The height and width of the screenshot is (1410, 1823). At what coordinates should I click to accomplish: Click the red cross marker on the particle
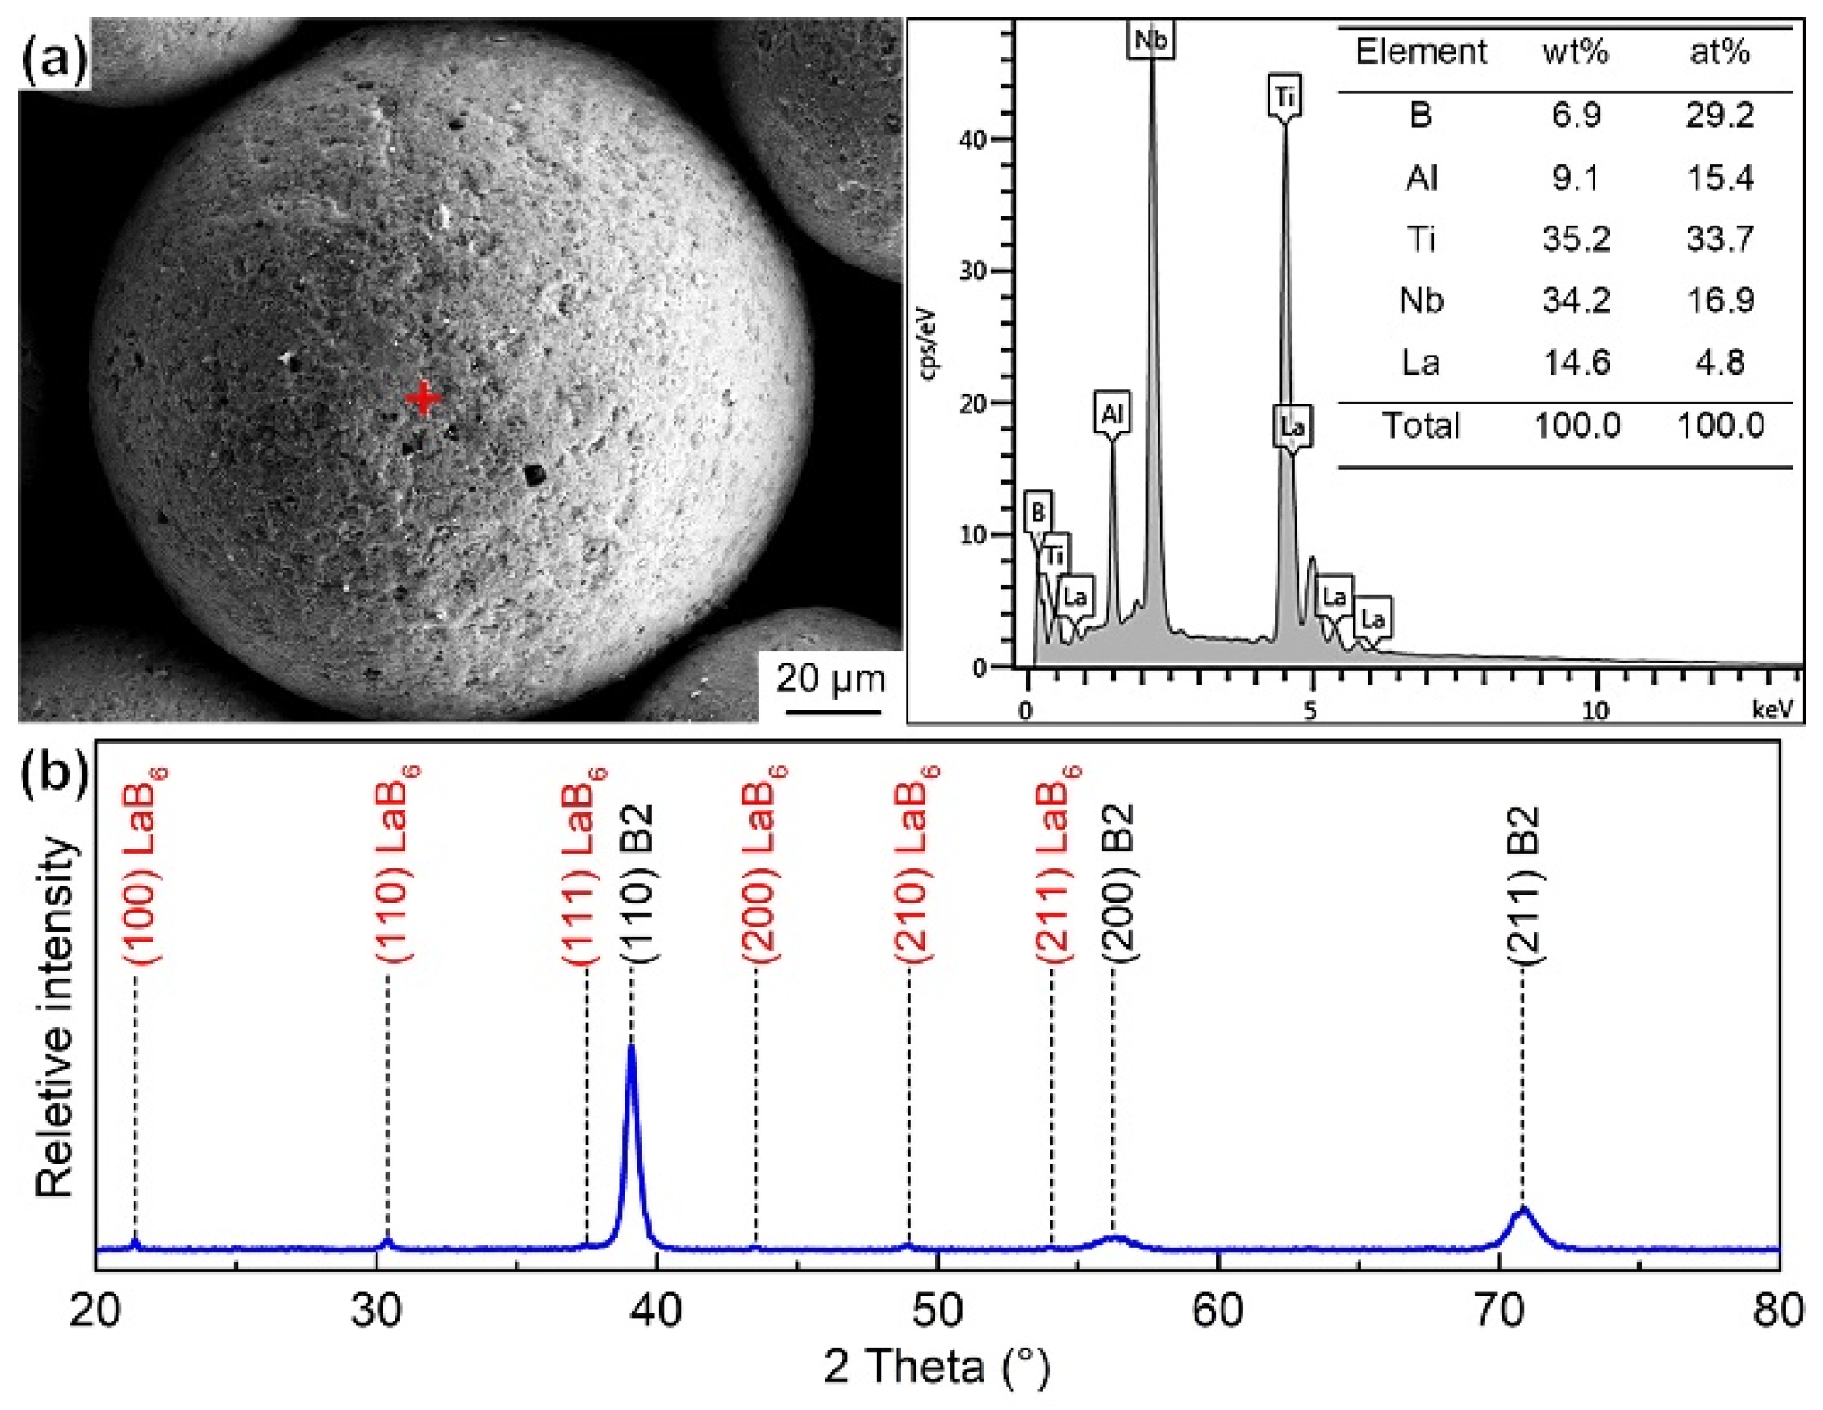[x=423, y=398]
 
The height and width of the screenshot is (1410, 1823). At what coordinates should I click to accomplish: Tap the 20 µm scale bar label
[x=830, y=678]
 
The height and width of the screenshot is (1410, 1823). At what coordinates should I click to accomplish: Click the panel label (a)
[x=53, y=60]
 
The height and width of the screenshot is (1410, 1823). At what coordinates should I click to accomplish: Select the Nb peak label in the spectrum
[x=1150, y=40]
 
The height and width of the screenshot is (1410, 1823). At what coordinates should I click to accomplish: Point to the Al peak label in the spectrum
[x=1111, y=414]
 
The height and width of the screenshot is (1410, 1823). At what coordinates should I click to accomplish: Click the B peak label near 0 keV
[x=1037, y=513]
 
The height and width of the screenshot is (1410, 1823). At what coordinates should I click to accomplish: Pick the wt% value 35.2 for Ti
[x=1576, y=239]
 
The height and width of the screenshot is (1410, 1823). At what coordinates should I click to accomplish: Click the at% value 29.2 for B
[x=1719, y=116]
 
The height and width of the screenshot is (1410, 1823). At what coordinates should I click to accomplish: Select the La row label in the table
[x=1420, y=363]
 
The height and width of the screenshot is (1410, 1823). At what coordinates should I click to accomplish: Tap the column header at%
[x=1719, y=51]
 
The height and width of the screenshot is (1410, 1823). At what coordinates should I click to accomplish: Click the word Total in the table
[x=1420, y=425]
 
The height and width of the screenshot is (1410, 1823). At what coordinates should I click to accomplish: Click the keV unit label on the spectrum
[x=1772, y=710]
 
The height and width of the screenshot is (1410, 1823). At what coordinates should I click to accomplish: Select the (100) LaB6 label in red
[x=144, y=867]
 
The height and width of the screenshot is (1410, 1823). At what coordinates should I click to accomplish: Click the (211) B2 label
[x=1525, y=886]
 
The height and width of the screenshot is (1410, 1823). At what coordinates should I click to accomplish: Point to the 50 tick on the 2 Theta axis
[x=937, y=1311]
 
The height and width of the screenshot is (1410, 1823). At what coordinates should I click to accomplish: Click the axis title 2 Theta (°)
[x=937, y=1366]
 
